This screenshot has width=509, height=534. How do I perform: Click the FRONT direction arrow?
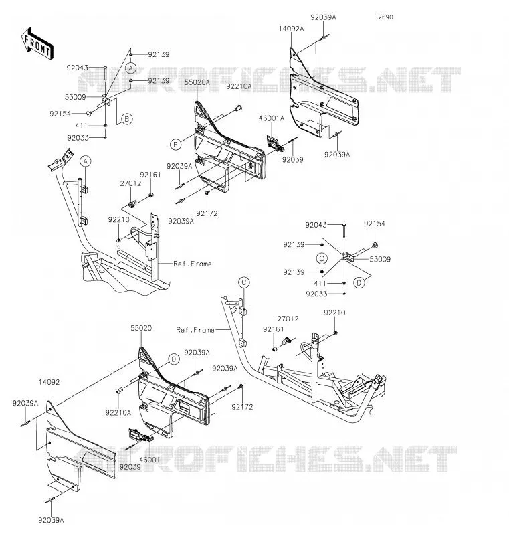click(37, 44)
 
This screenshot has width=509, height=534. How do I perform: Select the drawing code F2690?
click(383, 17)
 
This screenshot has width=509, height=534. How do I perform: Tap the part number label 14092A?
click(291, 29)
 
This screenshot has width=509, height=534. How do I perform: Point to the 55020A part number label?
click(197, 82)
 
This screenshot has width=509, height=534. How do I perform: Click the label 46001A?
click(272, 118)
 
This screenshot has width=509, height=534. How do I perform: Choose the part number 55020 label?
click(141, 328)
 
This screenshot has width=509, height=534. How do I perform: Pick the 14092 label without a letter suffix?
click(49, 382)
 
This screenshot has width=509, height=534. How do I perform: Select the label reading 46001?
click(150, 460)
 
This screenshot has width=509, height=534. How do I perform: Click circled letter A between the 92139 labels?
click(130, 68)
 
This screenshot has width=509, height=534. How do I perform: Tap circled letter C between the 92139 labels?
click(322, 258)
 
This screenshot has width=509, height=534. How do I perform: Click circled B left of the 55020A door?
click(175, 145)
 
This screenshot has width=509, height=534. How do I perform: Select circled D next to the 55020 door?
click(174, 359)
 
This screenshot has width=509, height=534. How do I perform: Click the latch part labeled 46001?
click(140, 435)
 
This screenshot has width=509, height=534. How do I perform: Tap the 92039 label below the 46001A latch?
click(293, 159)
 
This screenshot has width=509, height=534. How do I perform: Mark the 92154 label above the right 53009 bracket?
click(374, 224)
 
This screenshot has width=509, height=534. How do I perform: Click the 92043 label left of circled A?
click(78, 68)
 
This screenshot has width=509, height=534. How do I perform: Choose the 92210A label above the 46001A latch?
click(239, 86)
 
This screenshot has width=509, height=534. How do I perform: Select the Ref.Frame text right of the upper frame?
click(193, 264)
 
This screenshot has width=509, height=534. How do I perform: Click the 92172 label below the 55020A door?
click(207, 213)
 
